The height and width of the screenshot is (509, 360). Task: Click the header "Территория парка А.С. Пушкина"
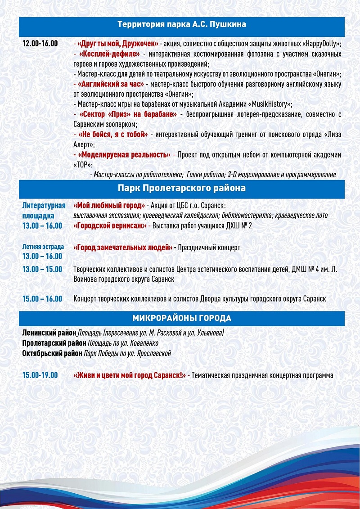click(181, 24)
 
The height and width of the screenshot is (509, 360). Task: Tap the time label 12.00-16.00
click(40, 44)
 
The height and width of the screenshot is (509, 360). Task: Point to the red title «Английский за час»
click(111, 84)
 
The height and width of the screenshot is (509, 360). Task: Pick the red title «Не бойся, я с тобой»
click(113, 134)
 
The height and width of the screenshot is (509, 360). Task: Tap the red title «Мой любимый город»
click(109, 206)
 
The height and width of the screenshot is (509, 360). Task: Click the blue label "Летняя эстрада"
click(43, 247)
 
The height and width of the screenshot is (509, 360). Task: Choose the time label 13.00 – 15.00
click(42, 269)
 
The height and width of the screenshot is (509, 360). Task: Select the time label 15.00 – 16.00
click(42, 299)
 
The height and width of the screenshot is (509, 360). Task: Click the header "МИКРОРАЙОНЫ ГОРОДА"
click(181, 319)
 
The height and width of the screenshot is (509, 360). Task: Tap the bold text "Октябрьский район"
click(52, 354)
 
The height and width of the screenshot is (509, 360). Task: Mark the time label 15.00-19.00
click(40, 375)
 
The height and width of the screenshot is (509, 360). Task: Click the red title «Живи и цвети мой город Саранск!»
click(130, 375)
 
